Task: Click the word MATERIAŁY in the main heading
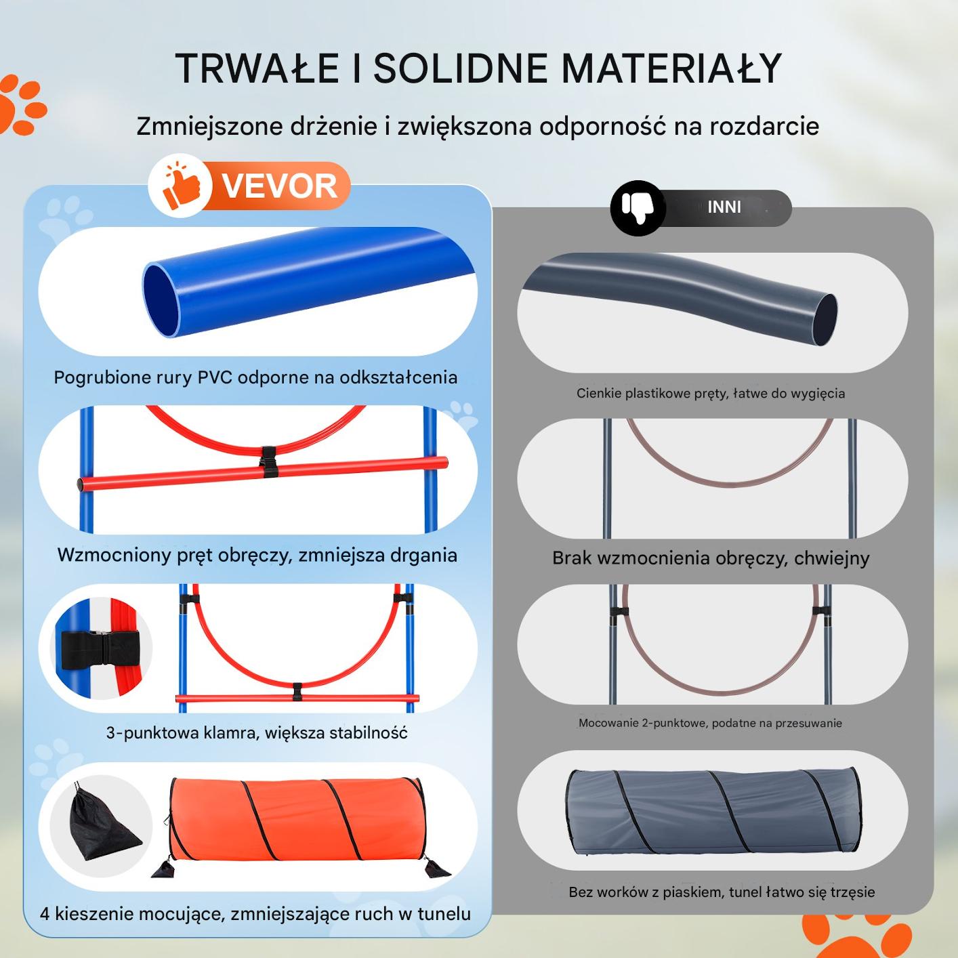point(671,68)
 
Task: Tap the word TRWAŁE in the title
point(257,68)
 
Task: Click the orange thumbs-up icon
point(182,186)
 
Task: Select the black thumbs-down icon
point(638,208)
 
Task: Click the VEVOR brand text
point(279,186)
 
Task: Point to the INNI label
point(724,207)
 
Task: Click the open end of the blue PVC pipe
point(161,300)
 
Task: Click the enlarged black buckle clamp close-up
point(100,648)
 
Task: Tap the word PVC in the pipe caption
point(215,377)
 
